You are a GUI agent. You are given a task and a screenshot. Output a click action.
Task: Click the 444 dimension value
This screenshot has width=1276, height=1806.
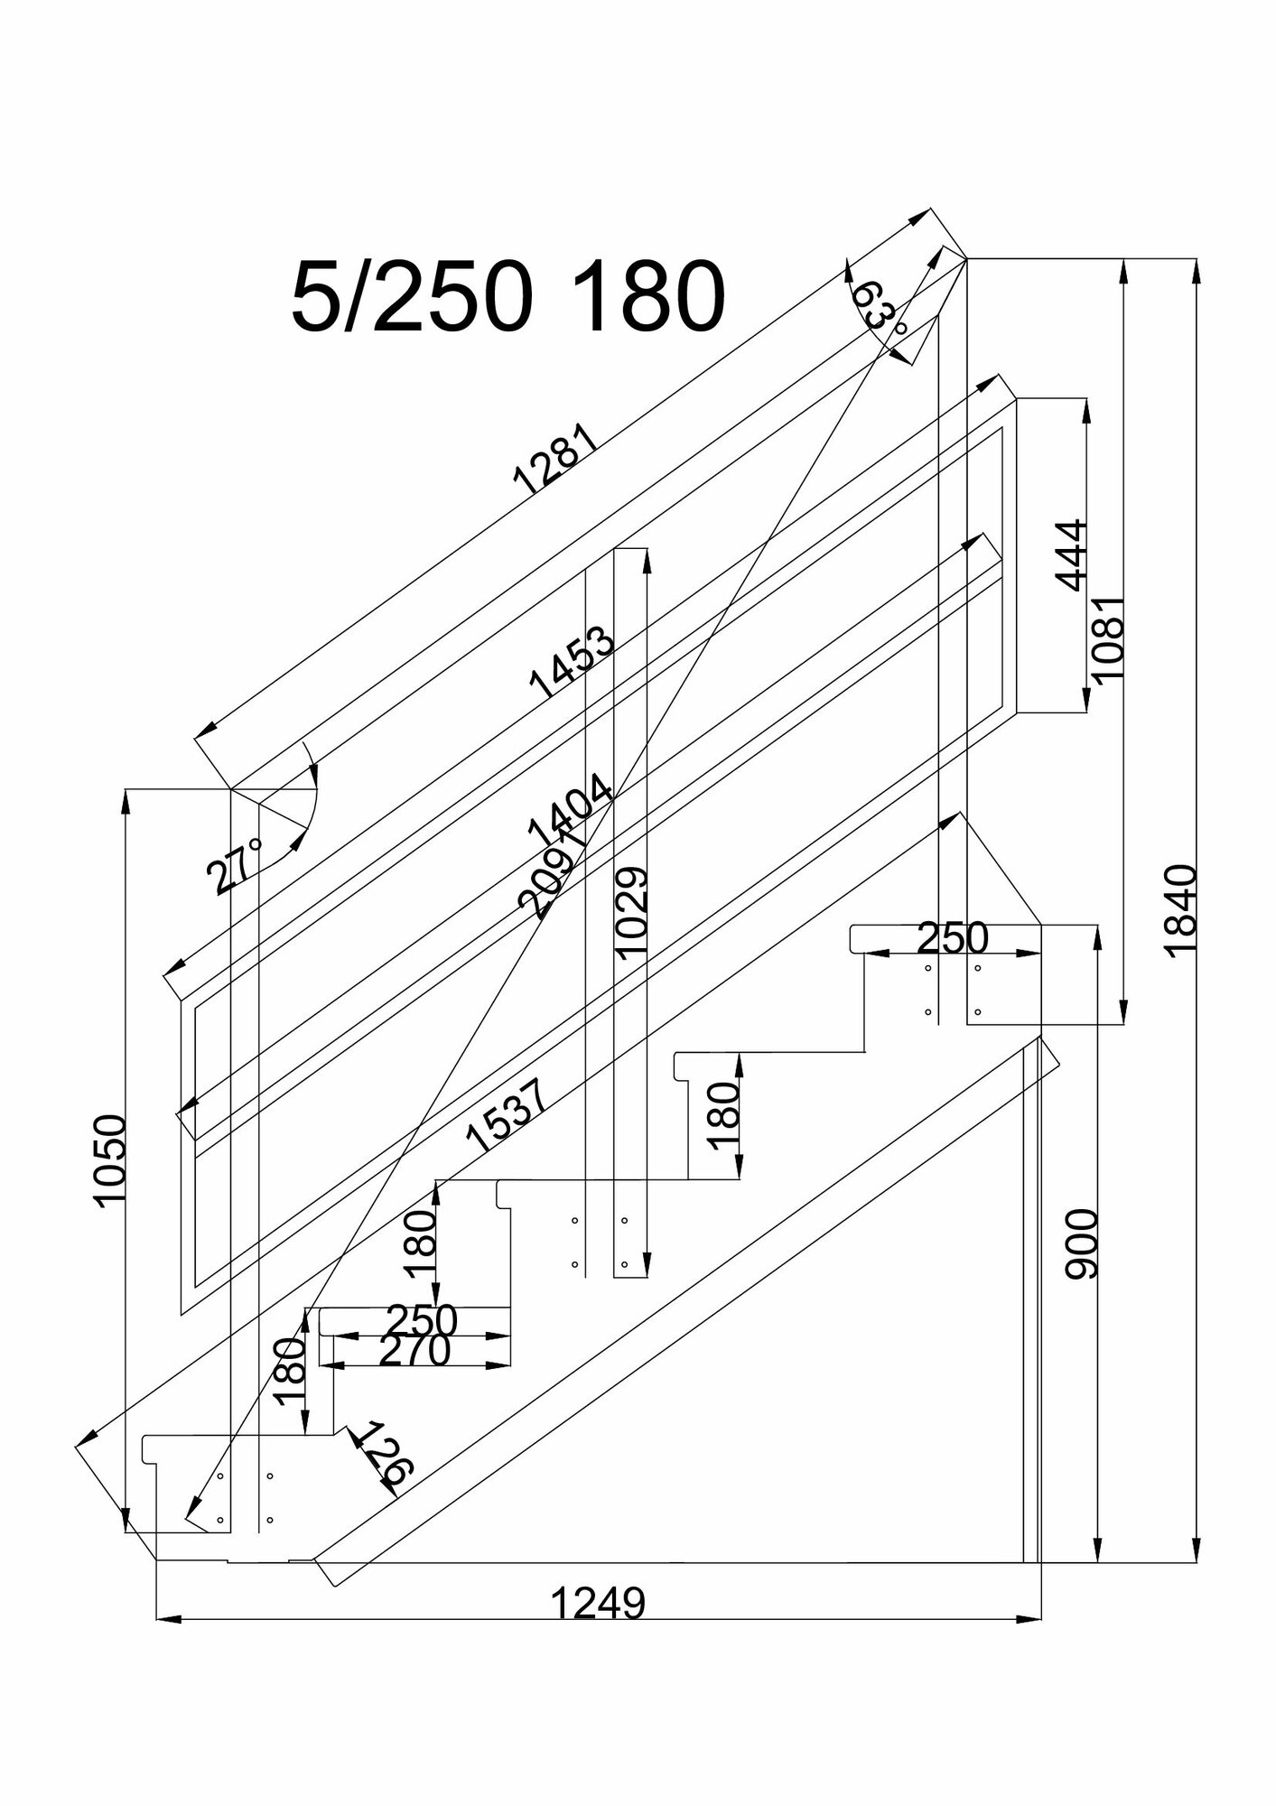1071,555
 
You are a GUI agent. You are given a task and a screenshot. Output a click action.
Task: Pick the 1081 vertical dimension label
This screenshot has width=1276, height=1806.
1107,638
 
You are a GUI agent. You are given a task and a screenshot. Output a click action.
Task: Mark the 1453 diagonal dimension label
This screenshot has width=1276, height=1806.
573,664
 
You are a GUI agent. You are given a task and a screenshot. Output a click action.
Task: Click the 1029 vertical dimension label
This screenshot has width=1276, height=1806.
630,912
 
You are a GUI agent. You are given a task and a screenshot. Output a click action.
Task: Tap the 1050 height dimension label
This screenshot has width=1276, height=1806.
111,1160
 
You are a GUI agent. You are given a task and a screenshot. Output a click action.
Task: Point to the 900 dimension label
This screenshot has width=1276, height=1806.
1081,1244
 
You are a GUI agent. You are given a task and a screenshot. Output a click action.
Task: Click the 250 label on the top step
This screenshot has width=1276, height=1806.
953,939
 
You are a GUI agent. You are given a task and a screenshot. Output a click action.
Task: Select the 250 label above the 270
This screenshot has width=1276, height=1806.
422,1321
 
